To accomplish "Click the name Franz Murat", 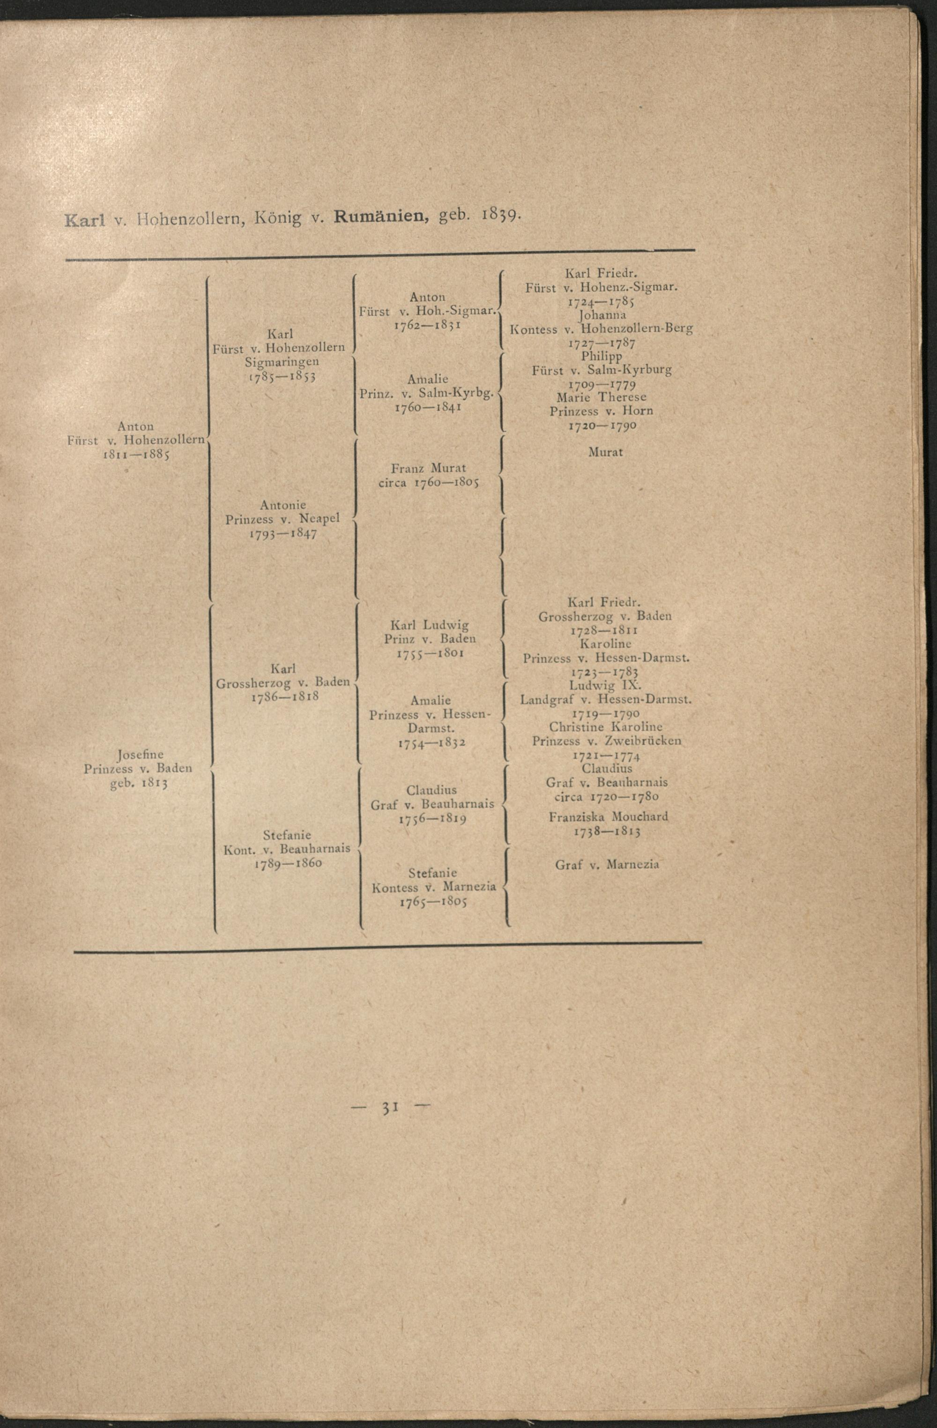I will point(428,468).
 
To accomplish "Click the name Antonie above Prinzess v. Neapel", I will point(283,505).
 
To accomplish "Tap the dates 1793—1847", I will point(283,534).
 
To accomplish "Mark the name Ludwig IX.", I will point(605,685).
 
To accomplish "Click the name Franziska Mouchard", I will point(608,817).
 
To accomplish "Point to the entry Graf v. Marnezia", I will point(607,864).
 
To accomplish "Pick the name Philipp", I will point(601,357).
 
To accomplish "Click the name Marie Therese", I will point(601,397).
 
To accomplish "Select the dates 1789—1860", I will point(288,863).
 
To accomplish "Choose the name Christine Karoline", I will point(605,727).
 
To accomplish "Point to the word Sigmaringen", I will point(282,362).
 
